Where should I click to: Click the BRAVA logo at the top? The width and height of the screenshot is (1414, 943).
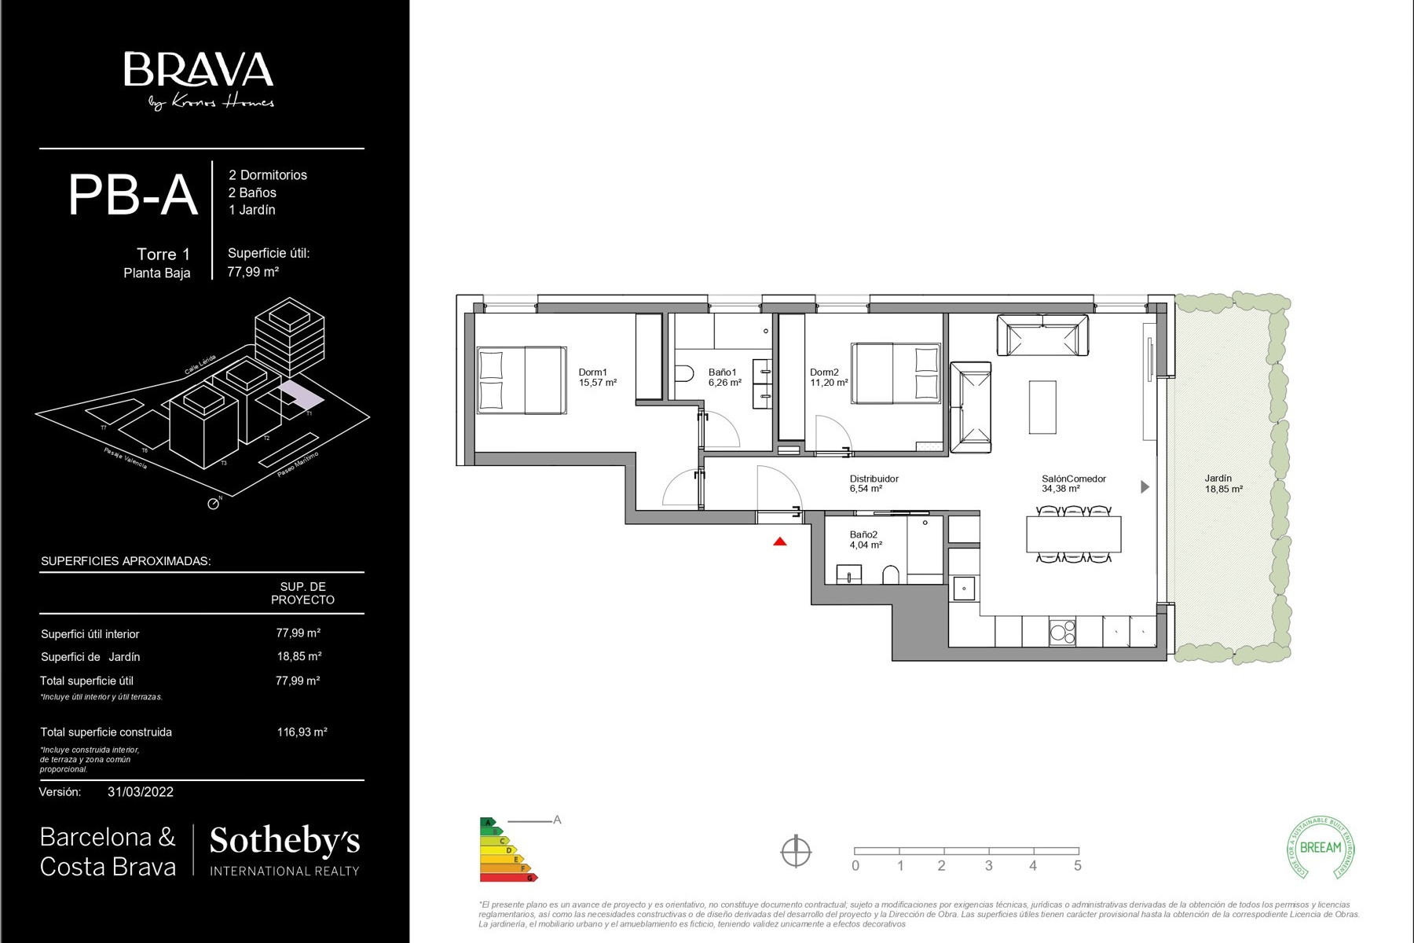coord(199,71)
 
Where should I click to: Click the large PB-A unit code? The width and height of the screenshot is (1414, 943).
coord(132,195)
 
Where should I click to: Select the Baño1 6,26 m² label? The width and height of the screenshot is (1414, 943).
coord(724,378)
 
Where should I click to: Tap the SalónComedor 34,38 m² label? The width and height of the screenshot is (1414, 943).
coord(1073,483)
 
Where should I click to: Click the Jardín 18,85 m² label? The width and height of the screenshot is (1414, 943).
coord(1223,483)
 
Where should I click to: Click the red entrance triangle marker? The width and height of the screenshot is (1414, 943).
coord(779,541)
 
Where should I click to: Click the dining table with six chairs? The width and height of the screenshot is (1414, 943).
coord(1073,534)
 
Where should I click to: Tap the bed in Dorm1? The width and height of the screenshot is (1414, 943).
coord(522,380)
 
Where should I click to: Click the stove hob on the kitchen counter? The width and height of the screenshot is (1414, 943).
coord(1063,633)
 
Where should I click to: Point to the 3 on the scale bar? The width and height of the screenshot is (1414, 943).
coord(988,866)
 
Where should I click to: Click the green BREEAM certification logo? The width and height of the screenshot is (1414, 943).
coord(1321,847)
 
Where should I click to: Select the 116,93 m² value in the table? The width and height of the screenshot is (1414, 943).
coord(302,732)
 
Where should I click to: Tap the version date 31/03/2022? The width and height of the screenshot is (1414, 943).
coord(141,792)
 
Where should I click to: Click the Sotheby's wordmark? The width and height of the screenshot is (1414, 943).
coord(284,841)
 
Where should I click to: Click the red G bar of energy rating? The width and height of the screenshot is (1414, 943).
coord(508,877)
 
